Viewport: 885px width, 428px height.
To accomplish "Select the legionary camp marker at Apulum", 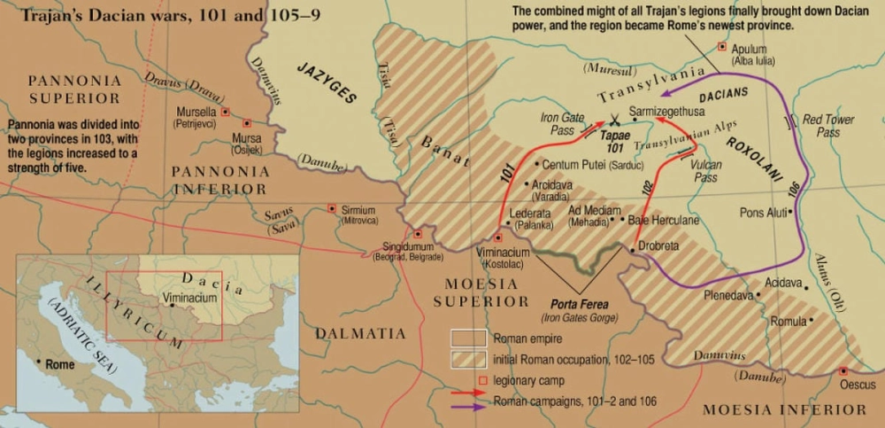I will [722, 46].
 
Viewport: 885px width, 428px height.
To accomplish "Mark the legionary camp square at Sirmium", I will [332, 208].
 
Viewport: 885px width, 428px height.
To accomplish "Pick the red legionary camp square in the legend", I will [482, 382].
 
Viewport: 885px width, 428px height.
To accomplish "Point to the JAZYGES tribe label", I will [327, 84].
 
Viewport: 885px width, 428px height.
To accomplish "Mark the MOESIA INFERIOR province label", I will [784, 409].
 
